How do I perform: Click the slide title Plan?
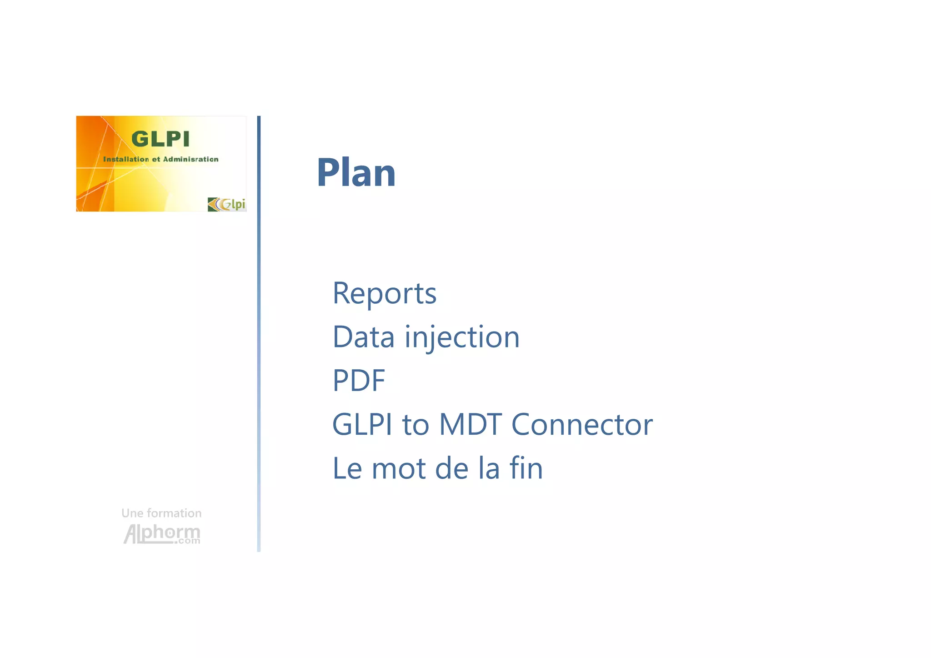tap(356, 172)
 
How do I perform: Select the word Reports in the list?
tap(384, 293)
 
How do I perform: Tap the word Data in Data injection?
tap(363, 337)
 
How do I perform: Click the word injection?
tap(462, 337)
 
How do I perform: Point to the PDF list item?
tap(359, 381)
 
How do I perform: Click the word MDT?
tap(470, 425)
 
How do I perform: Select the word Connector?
tap(582, 425)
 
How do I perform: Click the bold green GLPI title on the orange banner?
tap(160, 139)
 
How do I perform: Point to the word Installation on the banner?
tap(126, 159)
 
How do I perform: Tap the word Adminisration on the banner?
tap(190, 159)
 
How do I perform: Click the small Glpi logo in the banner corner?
tap(227, 204)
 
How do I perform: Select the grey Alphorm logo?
tap(161, 533)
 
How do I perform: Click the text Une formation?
tap(161, 513)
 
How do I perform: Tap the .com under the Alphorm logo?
tap(189, 541)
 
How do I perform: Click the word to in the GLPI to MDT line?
tap(415, 425)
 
